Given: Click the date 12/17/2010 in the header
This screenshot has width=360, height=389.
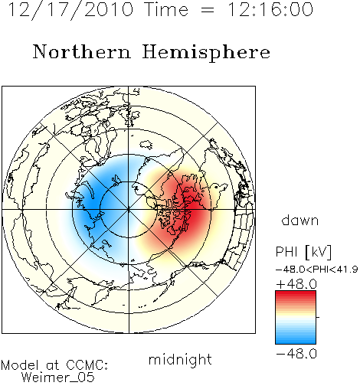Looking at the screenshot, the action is (70, 9).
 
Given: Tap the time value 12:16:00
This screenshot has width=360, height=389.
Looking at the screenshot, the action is (270, 9).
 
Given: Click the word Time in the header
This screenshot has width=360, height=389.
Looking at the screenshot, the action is (166, 9).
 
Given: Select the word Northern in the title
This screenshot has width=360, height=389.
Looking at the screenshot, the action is (82, 51).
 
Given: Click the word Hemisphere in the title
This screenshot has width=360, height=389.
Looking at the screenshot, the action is (206, 53).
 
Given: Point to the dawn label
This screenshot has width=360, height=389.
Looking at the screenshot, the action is (300, 220).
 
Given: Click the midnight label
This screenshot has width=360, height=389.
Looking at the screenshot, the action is (180, 359).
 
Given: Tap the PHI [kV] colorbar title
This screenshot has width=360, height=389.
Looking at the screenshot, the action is (304, 252).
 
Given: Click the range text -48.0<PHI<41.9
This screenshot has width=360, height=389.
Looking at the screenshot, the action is (317, 270).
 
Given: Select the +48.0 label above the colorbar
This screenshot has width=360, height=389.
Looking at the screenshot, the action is (296, 284).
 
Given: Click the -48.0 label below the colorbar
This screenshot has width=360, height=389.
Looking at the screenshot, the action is (296, 354).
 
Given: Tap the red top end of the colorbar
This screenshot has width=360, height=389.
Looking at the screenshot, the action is (296, 293).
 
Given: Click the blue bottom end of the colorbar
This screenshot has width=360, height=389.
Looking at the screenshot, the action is (296, 342).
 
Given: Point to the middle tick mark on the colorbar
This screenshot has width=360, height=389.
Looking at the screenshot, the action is (318, 317).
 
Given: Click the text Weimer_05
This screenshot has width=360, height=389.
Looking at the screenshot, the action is (58, 377).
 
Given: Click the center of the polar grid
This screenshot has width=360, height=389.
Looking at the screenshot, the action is (129, 210).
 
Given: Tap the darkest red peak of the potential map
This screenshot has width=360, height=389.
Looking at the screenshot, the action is (193, 208).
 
